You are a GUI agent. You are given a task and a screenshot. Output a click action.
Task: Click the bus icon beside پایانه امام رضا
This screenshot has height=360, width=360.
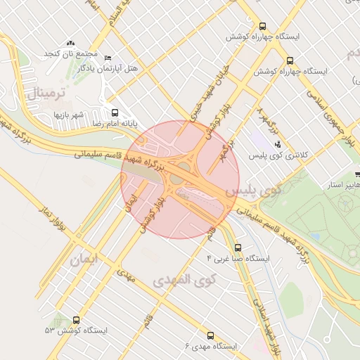tap(115, 112)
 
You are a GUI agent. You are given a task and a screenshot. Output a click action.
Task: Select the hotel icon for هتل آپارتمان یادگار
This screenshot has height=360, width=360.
tap(107, 58)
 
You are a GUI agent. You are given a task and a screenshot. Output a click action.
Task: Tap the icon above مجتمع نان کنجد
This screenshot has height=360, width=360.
tap(70, 44)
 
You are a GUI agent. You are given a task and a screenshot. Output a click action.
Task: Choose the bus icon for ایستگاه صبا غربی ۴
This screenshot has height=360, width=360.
tap(238, 247)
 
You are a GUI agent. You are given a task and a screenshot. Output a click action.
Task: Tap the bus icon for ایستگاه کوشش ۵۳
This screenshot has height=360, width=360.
tap(75, 320)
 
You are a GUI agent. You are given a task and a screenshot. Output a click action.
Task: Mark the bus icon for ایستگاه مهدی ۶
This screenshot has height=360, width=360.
tap(211, 335)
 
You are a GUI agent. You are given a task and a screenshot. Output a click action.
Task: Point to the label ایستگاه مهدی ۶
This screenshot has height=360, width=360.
tap(211, 346)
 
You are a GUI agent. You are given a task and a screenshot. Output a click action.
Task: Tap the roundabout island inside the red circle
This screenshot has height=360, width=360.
tap(175, 179)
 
